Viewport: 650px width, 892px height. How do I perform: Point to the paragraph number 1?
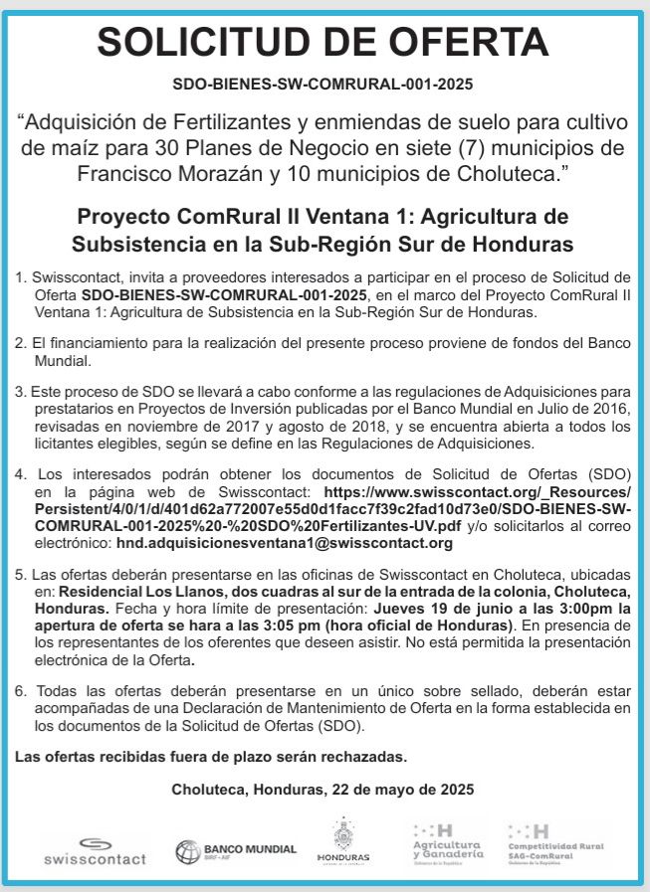[x=20, y=276]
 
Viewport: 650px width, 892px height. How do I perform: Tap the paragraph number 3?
[x=20, y=391]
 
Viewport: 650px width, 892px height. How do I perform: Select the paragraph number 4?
[x=20, y=475]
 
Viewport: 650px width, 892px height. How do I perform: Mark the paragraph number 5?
[x=20, y=576]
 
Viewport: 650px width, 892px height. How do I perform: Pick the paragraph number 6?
[x=20, y=691]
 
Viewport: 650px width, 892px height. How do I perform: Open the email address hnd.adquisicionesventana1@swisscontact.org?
[x=285, y=543]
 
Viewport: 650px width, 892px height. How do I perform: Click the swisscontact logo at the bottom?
[x=95, y=851]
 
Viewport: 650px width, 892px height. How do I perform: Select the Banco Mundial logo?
[x=236, y=851]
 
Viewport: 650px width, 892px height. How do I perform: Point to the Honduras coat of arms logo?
[x=342, y=841]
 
